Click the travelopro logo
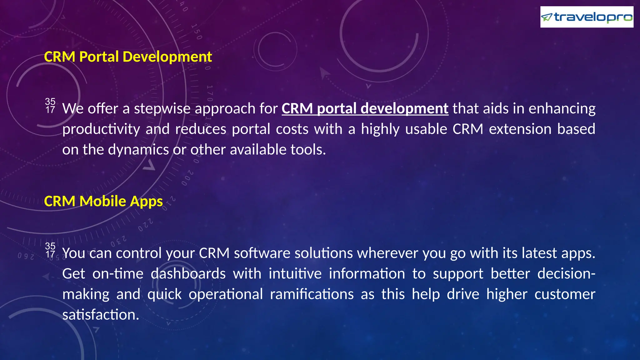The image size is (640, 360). pos(587,17)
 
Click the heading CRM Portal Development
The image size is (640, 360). pos(128,57)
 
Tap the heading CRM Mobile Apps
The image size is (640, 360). pos(103,201)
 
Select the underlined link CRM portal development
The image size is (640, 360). pos(365,109)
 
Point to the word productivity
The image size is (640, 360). pos(101,129)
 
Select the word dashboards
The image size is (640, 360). pos(188,274)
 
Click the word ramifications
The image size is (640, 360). pos(312,294)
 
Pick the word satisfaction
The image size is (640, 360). pos(100,315)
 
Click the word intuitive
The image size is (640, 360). pos(295,274)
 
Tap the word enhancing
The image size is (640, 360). pos(562,109)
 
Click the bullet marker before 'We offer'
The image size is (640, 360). pos(50,106)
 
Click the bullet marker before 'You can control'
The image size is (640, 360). pos(50,250)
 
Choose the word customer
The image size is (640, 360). pos(564,294)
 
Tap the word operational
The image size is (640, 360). pos(226,294)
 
